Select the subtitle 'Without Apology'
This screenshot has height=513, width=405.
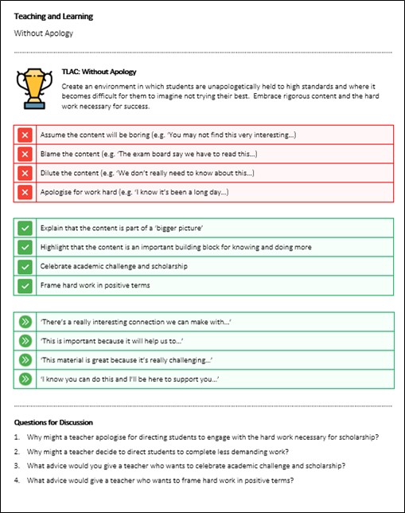[x=44, y=33]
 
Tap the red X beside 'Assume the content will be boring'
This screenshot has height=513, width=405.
[x=25, y=134]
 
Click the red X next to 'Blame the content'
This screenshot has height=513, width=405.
[x=25, y=153]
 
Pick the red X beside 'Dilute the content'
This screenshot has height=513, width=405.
[x=25, y=172]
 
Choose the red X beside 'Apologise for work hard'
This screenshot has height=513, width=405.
[x=25, y=191]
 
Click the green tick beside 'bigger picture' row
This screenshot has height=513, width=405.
[x=25, y=228]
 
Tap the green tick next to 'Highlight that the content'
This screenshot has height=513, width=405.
[x=25, y=247]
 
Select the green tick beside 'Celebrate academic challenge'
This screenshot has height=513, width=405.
[x=25, y=266]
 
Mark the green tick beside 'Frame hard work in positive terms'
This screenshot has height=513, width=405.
[x=25, y=285]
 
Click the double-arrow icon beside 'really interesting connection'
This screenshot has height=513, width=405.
[x=25, y=322]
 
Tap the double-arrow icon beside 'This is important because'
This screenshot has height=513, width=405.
[x=25, y=341]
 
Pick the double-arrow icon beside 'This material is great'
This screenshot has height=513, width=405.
[x=25, y=360]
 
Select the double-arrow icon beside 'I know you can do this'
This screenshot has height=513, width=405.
[x=25, y=379]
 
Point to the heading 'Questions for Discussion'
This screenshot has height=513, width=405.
[x=53, y=422]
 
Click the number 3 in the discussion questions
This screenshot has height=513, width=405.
[x=18, y=465]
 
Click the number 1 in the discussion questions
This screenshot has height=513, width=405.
[x=18, y=437]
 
